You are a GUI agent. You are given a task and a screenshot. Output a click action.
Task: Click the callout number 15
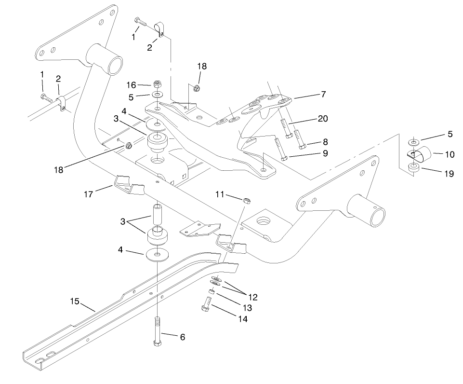[74, 302]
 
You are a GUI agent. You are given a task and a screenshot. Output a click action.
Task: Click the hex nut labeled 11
[245, 200]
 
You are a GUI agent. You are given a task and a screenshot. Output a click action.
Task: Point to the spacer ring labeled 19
[412, 167]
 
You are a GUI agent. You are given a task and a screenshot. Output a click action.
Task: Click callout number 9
[325, 153]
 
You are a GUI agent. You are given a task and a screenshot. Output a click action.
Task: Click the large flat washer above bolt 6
[158, 254]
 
